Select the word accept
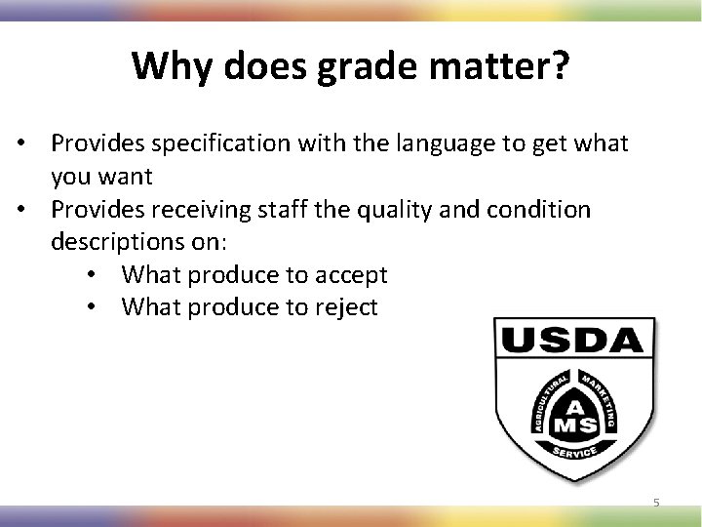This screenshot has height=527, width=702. pos(352,275)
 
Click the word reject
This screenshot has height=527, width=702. pos(347,307)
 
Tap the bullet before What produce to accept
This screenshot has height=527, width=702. pos(90,275)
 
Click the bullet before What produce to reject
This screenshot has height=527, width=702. pos(90,307)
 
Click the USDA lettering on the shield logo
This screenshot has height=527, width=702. pos(571,342)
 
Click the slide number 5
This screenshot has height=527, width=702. pos(656,502)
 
